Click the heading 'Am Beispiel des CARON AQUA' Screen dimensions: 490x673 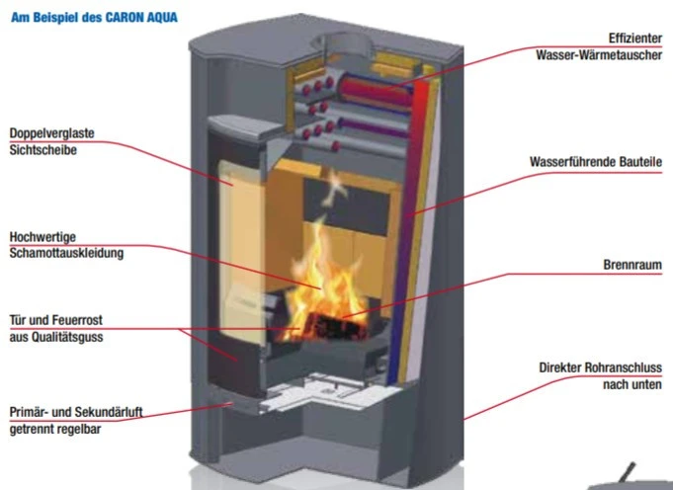coord(95,17)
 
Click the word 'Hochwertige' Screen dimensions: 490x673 coord(39,237)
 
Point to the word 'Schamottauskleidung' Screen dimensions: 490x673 coord(65,254)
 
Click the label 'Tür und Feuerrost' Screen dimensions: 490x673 coord(55,320)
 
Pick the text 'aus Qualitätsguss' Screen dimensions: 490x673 coord(55,337)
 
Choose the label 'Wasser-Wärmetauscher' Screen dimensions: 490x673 coord(599,54)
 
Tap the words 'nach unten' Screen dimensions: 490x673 coord(632,383)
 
